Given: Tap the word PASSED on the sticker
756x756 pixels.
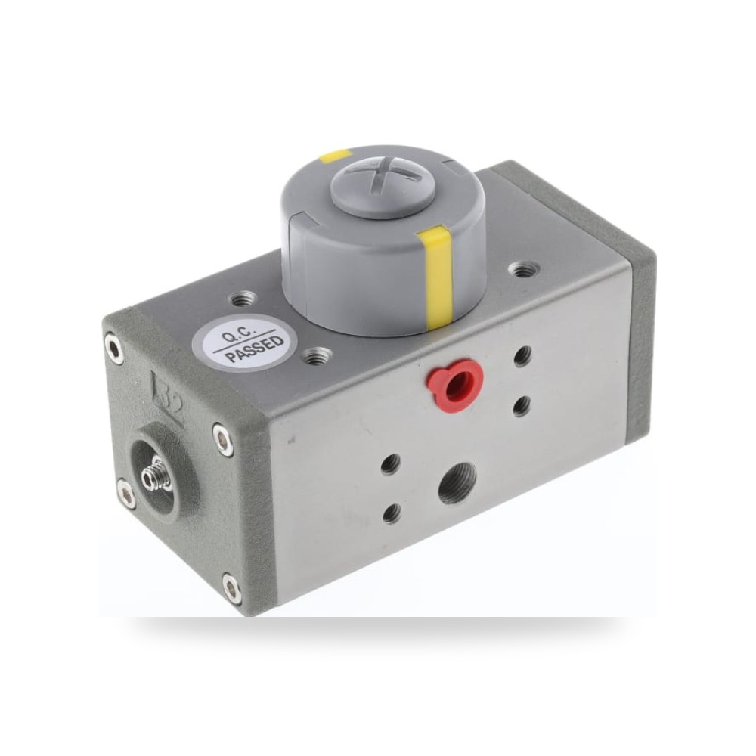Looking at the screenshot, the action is coord(255,348).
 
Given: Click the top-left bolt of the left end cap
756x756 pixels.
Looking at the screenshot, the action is coord(114,347).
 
